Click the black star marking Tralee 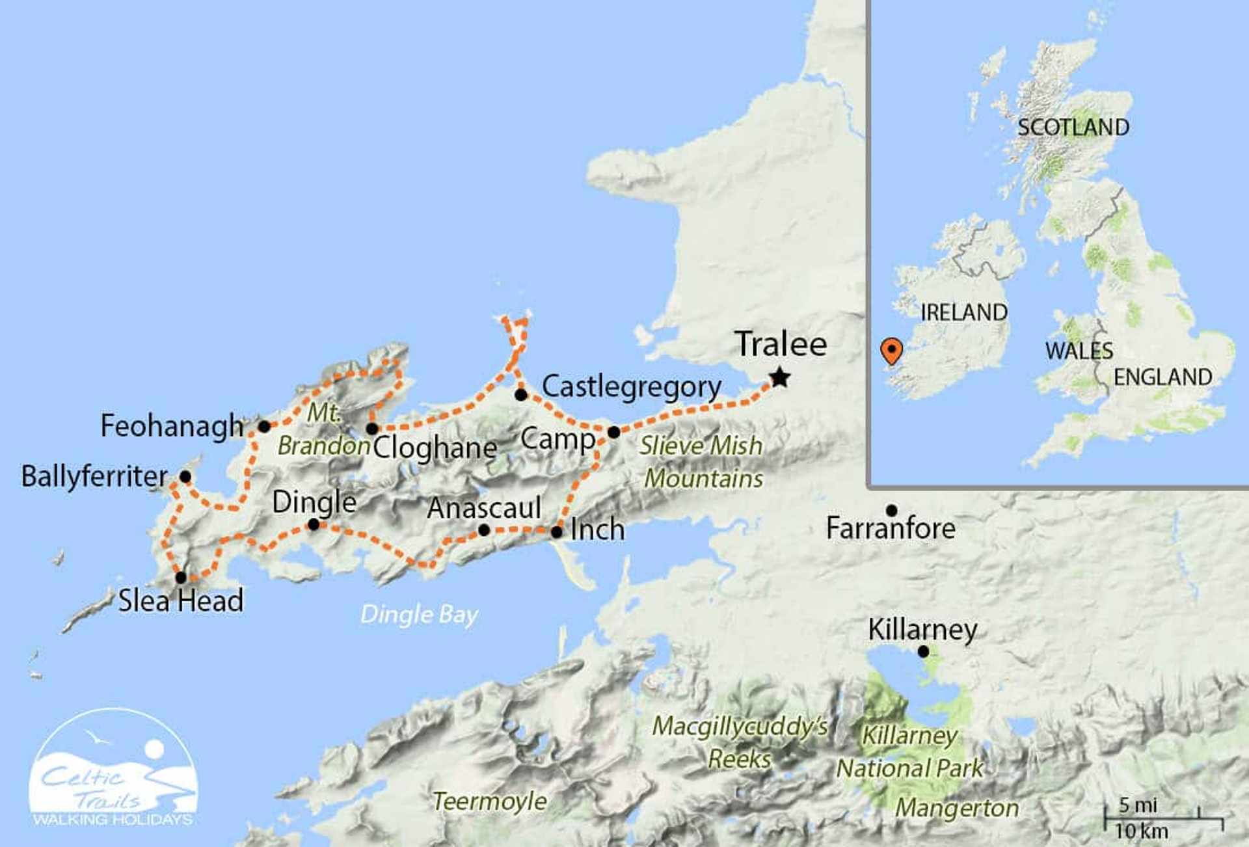(779, 377)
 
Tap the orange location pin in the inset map (891, 350)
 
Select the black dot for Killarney (923, 651)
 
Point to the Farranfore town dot (892, 511)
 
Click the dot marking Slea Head (181, 577)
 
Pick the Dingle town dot (314, 524)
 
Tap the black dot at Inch (557, 532)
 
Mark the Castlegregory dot (521, 394)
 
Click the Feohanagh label (172, 426)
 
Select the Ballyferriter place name (94, 476)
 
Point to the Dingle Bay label (419, 614)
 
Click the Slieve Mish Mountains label (701, 462)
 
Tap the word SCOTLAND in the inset (1073, 127)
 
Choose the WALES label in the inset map (1079, 351)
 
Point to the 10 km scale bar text (1141, 831)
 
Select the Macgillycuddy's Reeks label (740, 742)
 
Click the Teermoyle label (489, 801)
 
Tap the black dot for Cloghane (372, 429)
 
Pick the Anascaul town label (484, 508)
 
